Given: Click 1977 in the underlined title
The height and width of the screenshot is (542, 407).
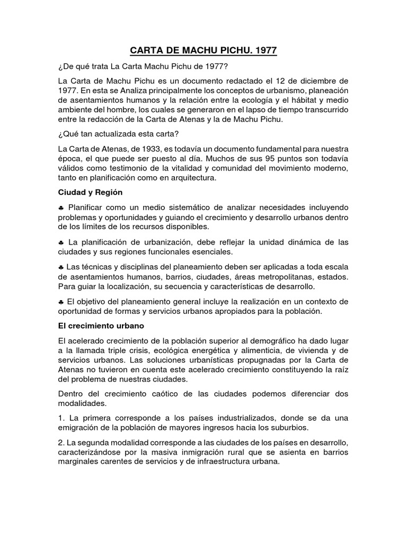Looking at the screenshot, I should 265,51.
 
